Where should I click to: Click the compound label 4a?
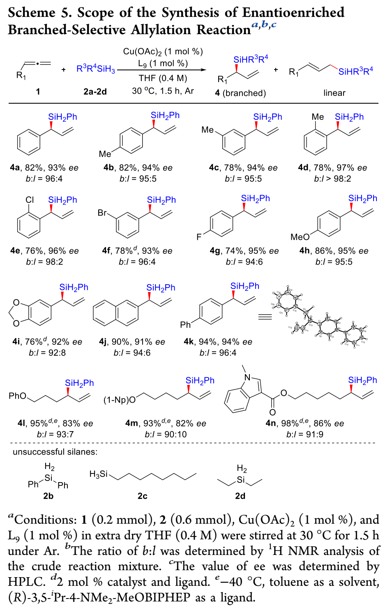click(x=15, y=168)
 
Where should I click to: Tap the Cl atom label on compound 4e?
click(x=30, y=200)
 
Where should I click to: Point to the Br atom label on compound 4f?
click(x=102, y=213)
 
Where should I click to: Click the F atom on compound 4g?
click(x=199, y=237)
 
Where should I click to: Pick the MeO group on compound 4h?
click(x=300, y=237)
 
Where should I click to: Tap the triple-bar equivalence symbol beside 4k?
click(x=265, y=317)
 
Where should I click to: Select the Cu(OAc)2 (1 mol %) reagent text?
click(x=163, y=51)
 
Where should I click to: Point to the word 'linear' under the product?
click(x=334, y=93)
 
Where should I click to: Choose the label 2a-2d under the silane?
click(x=95, y=91)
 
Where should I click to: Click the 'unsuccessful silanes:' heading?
click(x=55, y=452)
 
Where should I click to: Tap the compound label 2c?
click(x=142, y=496)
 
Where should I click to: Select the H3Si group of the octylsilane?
click(x=98, y=474)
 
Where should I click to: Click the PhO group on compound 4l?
click(x=17, y=396)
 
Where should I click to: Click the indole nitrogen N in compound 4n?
click(x=247, y=377)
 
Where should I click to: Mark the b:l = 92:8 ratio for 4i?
click(x=47, y=353)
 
